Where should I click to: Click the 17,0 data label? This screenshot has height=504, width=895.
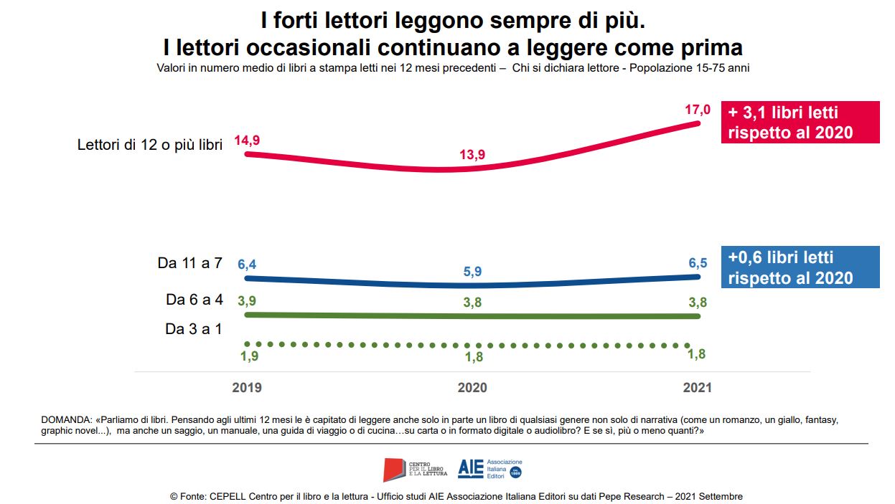[x=698, y=110]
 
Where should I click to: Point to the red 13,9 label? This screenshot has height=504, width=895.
[x=472, y=156]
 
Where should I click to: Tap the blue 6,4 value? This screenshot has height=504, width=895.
[x=247, y=265]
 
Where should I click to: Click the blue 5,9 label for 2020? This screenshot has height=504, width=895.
[x=472, y=272]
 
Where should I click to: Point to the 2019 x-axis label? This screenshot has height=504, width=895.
[x=247, y=388]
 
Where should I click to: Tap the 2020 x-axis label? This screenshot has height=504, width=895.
[x=472, y=388]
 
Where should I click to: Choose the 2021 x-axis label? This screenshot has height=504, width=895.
[x=697, y=388]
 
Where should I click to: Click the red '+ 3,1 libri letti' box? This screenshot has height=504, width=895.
[x=800, y=123]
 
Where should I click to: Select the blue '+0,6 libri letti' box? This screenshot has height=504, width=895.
[x=800, y=267]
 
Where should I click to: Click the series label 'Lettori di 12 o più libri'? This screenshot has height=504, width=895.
[x=149, y=144]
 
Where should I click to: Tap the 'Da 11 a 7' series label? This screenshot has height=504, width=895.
[x=189, y=264]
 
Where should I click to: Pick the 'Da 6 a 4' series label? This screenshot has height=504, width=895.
[x=194, y=300]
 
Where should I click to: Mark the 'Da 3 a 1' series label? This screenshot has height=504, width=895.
[x=194, y=329]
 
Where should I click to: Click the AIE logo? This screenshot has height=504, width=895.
[x=471, y=469]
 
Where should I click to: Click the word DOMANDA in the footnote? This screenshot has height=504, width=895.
[x=67, y=419]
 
